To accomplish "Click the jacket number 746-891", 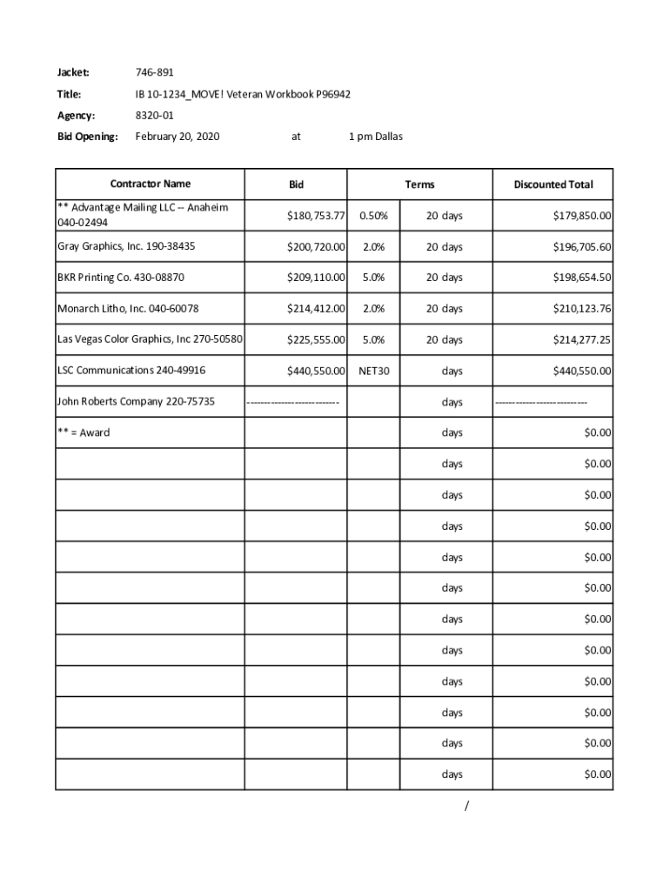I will tap(154, 72).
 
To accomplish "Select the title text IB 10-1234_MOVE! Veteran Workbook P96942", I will tap(243, 94).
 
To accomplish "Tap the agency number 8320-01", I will tap(154, 115).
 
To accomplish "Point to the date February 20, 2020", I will tap(178, 137).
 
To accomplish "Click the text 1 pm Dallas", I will tap(375, 137).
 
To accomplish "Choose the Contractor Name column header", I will tap(150, 184).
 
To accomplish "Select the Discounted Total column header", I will tap(553, 184).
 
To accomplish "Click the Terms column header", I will tap(419, 184).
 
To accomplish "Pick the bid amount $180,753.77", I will tap(317, 216).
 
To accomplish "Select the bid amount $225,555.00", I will tap(317, 340).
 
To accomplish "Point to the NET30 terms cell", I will tap(374, 372).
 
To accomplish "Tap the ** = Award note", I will tap(84, 432).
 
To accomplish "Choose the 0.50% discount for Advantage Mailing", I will tap(373, 216).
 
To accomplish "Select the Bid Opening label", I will tap(87, 137).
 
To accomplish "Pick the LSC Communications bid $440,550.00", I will tap(317, 372).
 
